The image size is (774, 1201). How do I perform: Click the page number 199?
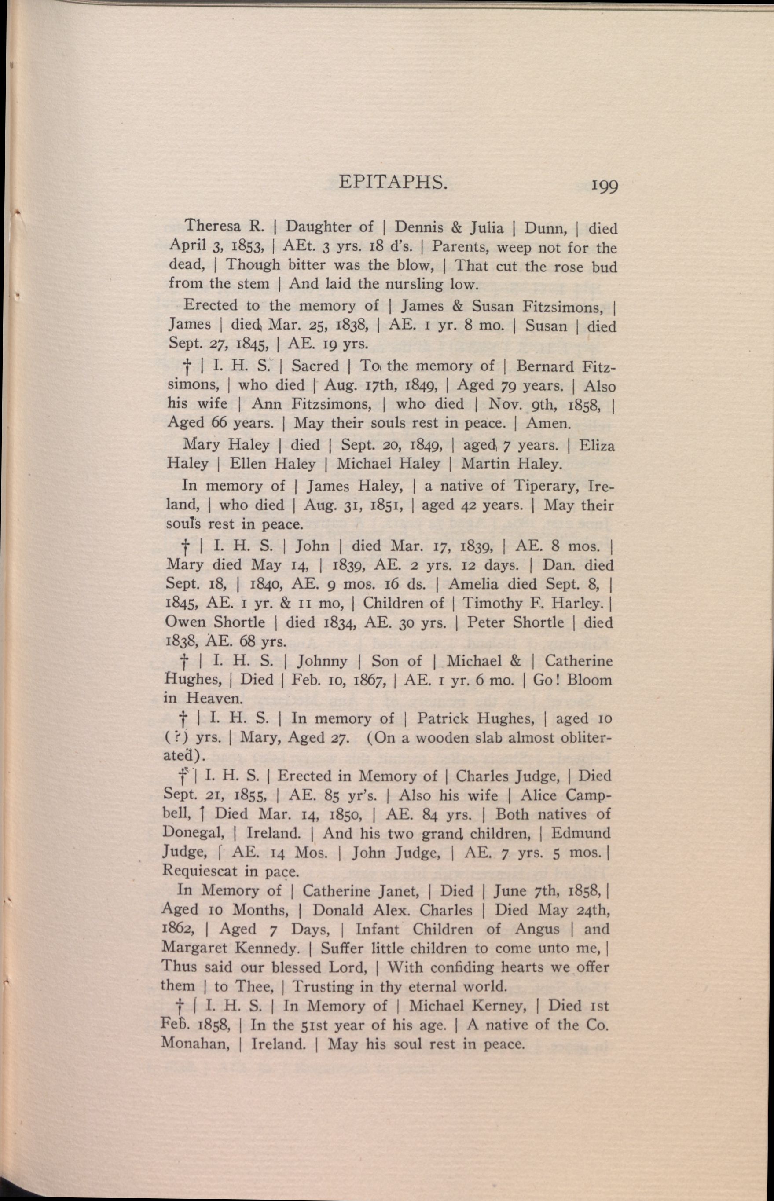(x=604, y=186)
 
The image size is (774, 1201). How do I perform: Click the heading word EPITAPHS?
(x=393, y=183)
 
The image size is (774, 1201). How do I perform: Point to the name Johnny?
(x=322, y=661)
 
